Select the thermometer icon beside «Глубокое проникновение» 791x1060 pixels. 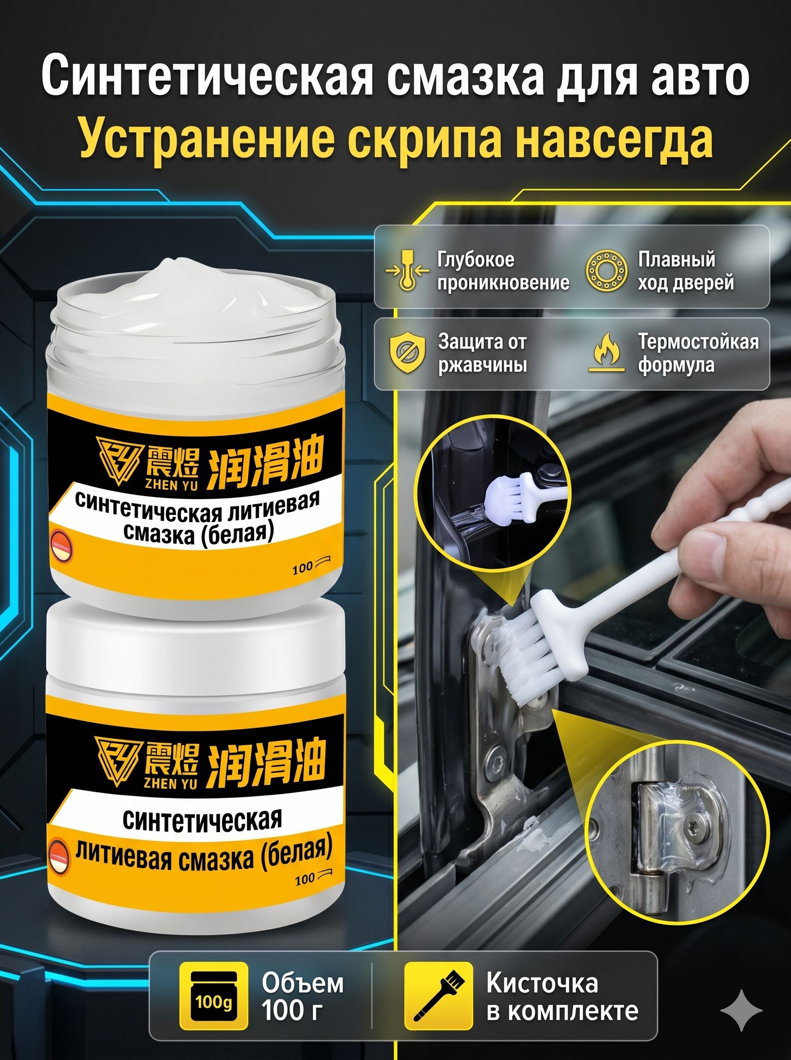pyautogui.click(x=407, y=271)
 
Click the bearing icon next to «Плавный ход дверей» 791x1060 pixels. pyautogui.click(x=606, y=271)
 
